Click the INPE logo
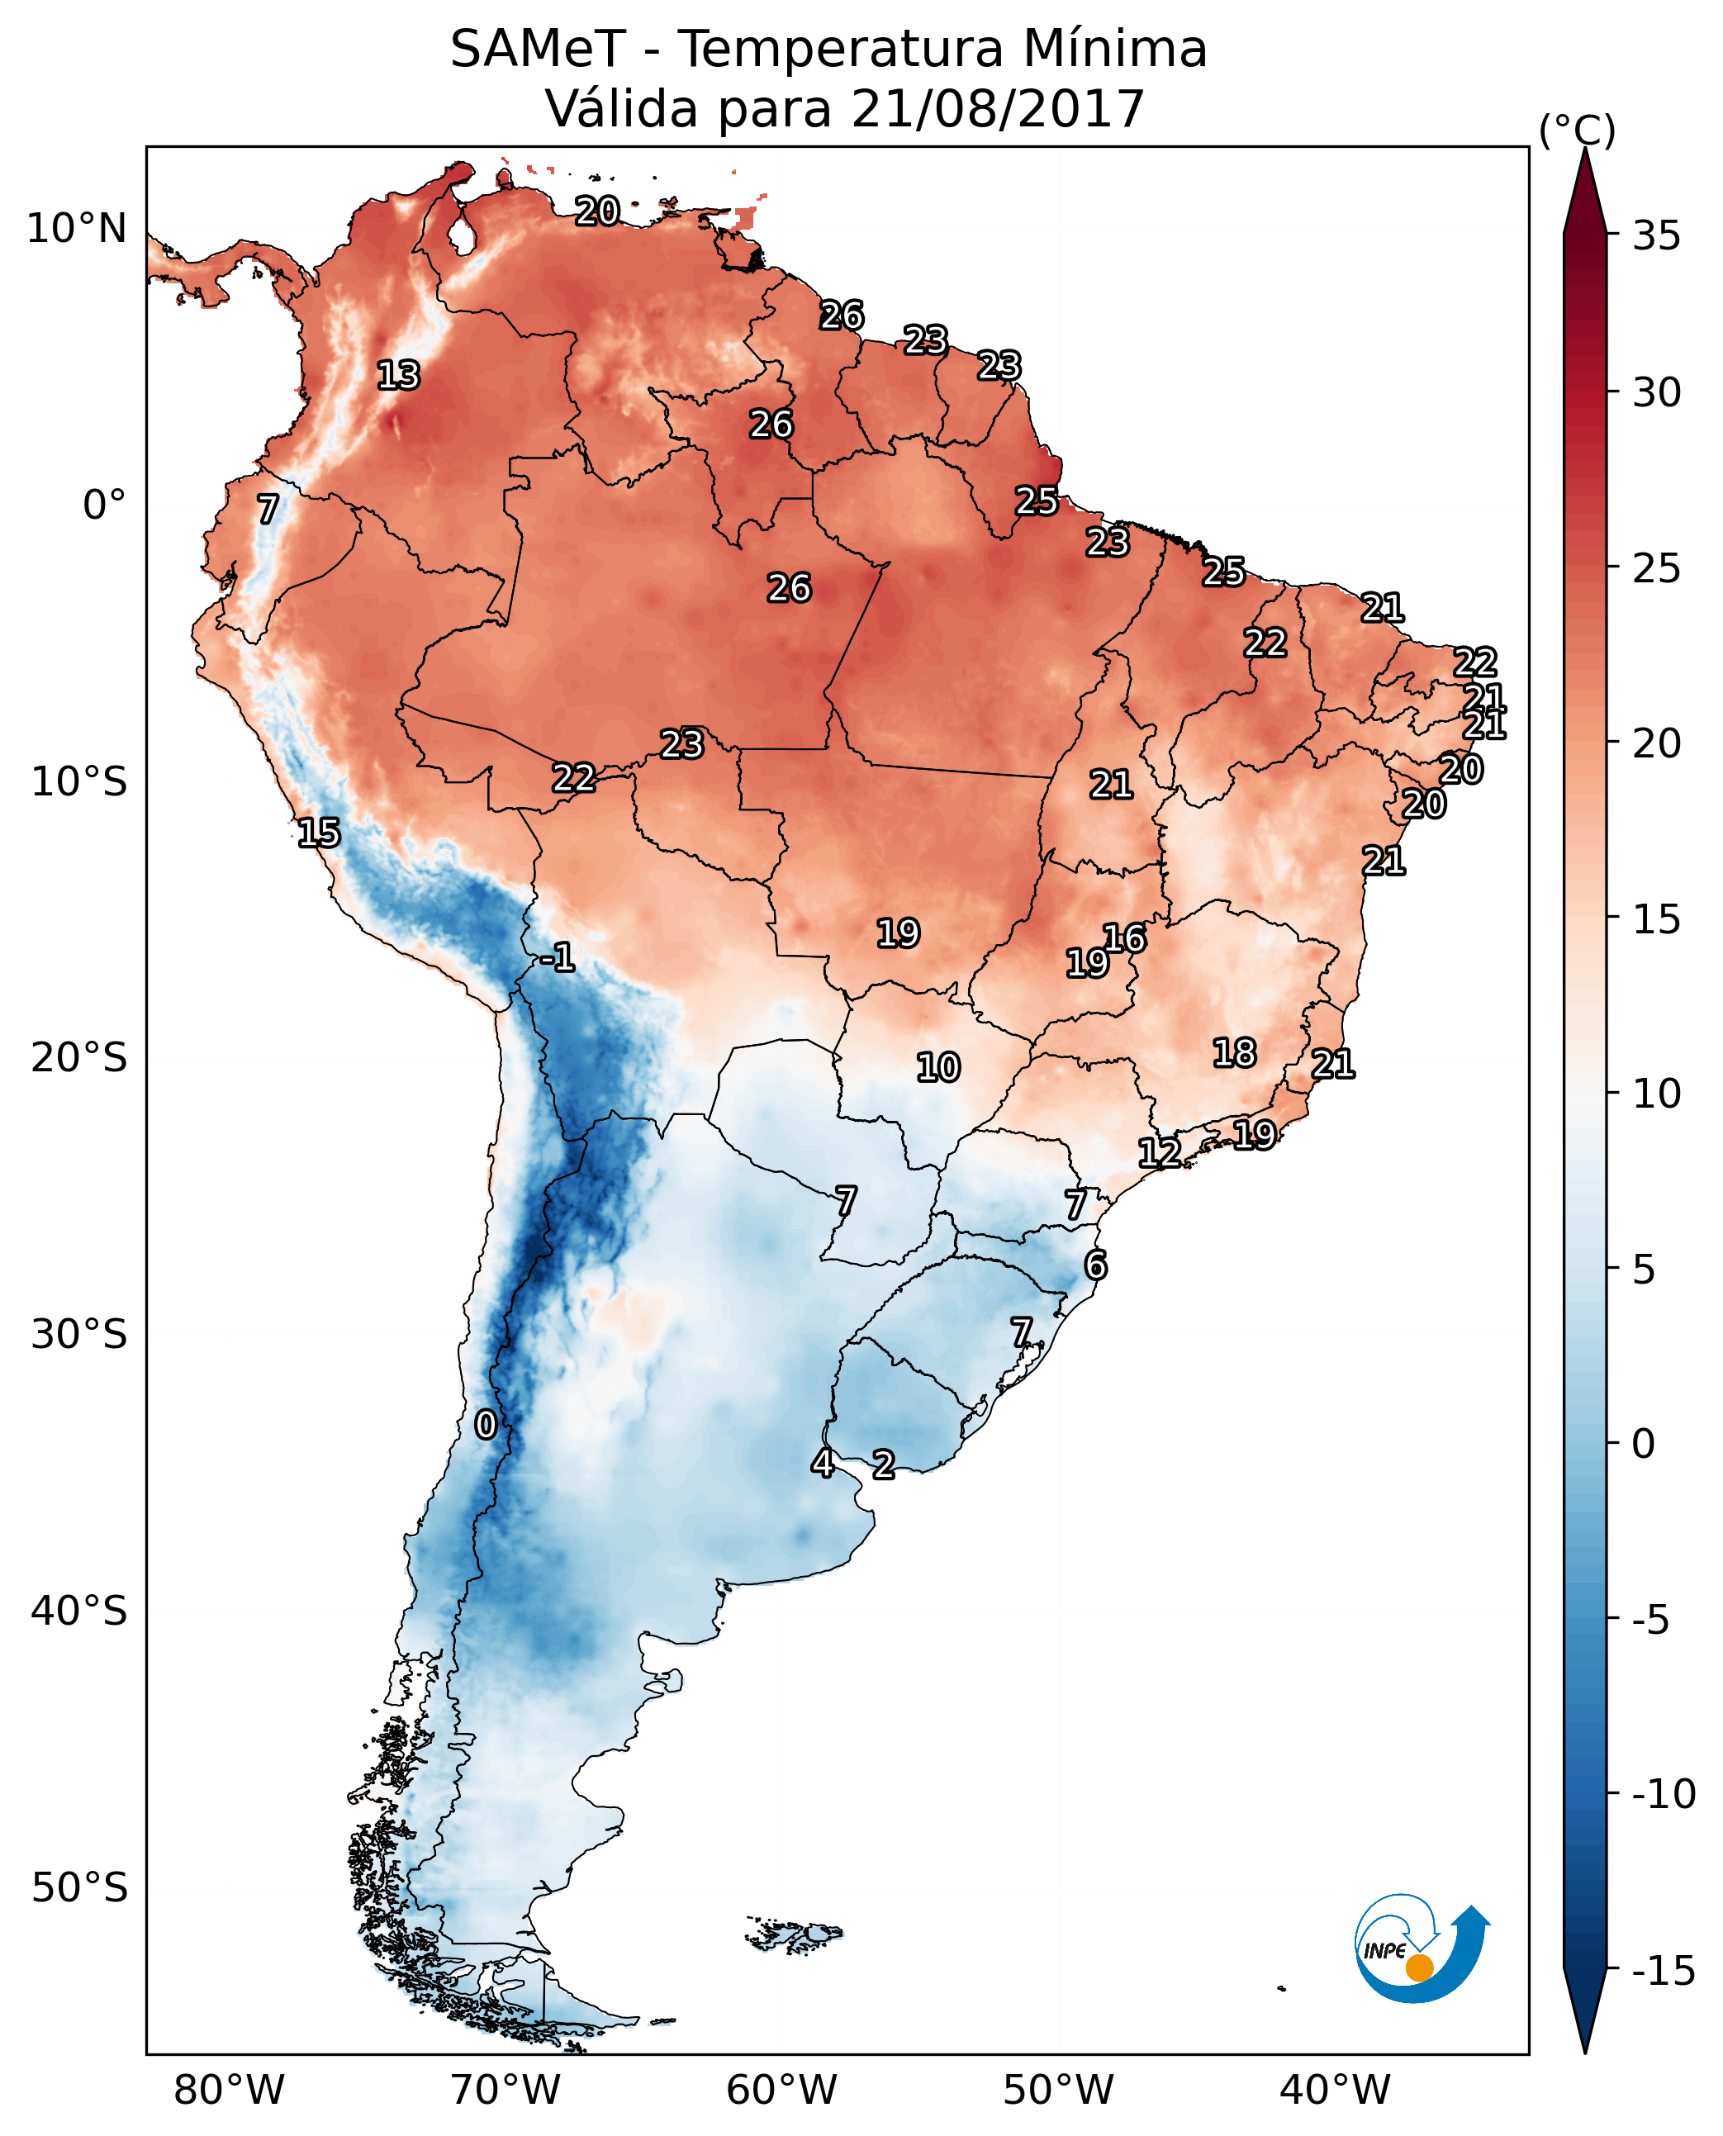tap(1422, 1948)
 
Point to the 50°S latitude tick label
tap(79, 1887)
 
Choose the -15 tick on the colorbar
tap(1664, 1970)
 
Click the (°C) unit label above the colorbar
tap(1577, 130)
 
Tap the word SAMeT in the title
tap(538, 50)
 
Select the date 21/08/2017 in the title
tap(998, 108)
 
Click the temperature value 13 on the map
tap(399, 375)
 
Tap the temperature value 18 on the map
tap(1235, 1053)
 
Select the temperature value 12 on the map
tap(1159, 1152)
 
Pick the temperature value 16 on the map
tap(1124, 938)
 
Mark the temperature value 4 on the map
tap(823, 1463)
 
